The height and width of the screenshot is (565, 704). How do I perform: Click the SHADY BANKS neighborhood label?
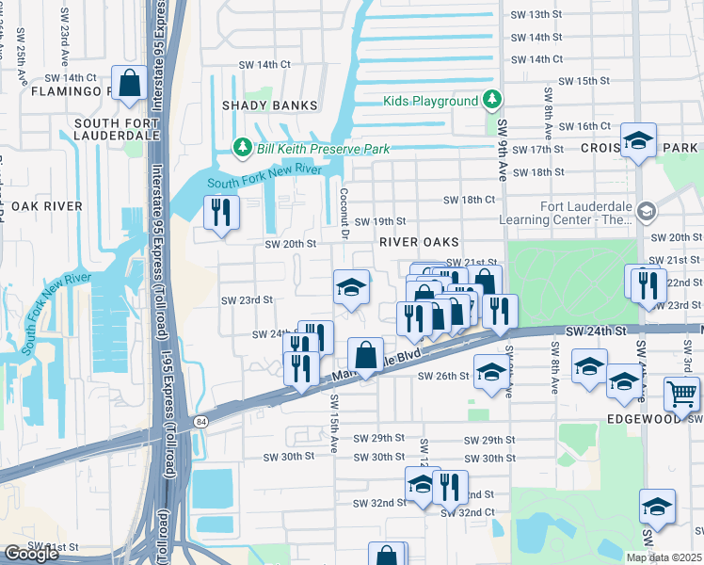268,105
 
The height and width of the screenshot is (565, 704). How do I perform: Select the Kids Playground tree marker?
490,100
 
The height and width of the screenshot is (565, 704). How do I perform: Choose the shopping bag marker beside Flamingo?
129,82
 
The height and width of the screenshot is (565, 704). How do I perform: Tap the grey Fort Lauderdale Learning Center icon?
646,211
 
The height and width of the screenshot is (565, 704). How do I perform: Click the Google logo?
31,554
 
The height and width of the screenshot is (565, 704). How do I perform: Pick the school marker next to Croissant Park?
638,141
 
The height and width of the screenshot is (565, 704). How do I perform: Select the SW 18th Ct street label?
470,200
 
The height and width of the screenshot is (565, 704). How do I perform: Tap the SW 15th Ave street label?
333,425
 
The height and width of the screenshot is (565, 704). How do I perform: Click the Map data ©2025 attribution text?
664,557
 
